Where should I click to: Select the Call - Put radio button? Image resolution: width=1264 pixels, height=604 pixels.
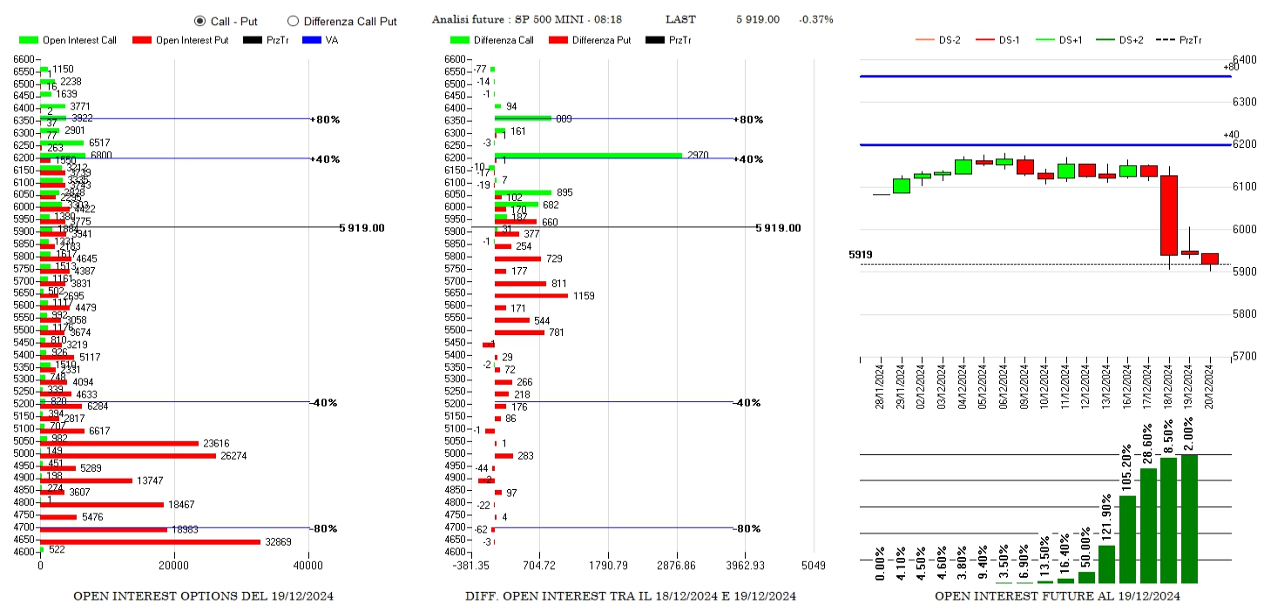point(199,21)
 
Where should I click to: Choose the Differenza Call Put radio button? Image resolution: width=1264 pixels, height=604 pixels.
point(293,21)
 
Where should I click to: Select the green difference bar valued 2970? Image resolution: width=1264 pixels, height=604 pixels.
point(588,156)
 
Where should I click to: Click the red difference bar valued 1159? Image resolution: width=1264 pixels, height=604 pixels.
point(531,296)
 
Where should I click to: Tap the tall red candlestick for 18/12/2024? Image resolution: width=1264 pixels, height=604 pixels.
point(1169,216)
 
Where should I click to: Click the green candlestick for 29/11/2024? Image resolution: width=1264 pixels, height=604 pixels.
point(901,186)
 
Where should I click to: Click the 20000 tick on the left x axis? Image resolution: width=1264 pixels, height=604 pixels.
point(173,565)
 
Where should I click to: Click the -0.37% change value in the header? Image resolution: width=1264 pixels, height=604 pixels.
point(815,19)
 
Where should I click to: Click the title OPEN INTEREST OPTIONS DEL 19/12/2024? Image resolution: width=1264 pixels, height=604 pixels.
point(203,596)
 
